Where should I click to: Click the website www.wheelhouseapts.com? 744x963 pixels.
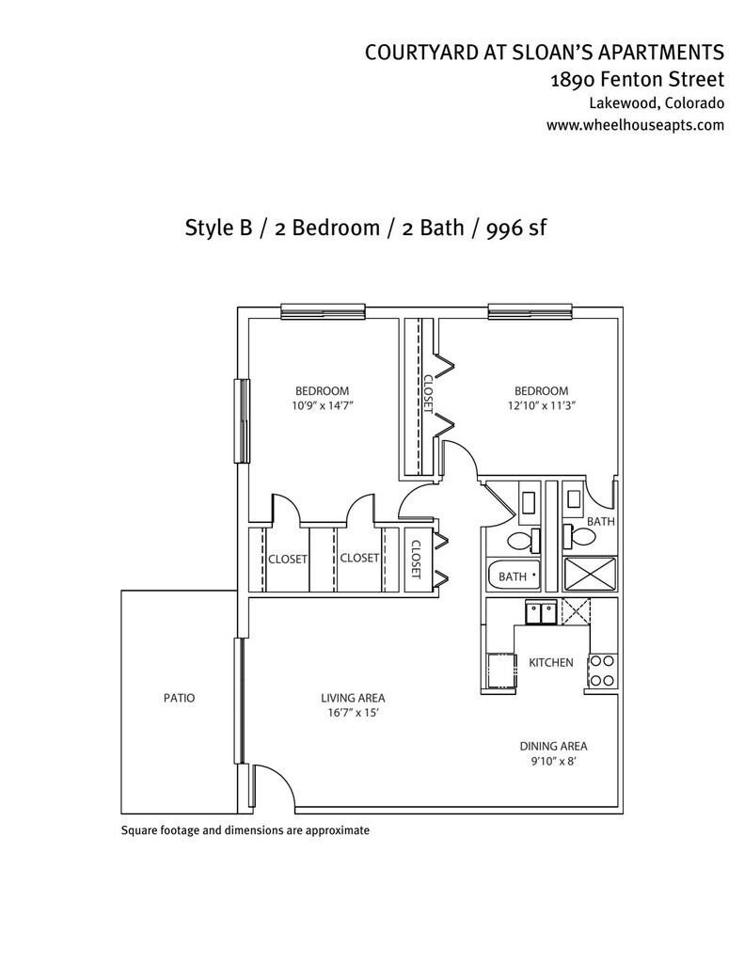coord(635,125)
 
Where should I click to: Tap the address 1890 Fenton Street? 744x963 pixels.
coord(637,80)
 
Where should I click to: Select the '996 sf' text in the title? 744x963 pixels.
coord(516,228)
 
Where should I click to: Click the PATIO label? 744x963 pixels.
coord(180,699)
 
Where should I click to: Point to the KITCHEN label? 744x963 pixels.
coord(551,663)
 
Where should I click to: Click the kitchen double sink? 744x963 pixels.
coord(541,612)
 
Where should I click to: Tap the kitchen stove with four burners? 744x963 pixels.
coord(602,671)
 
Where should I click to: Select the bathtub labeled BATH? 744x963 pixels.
coord(514,576)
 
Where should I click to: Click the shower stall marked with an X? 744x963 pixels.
coord(590,576)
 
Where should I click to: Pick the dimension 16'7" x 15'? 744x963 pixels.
coord(354,713)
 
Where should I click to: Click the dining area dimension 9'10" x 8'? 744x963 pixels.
coord(553,762)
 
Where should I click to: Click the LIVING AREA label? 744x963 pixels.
coord(354,699)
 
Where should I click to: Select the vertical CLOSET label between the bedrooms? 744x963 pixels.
coord(428,394)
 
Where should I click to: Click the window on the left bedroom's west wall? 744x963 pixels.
coord(243,420)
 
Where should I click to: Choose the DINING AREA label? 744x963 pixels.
coord(554,747)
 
